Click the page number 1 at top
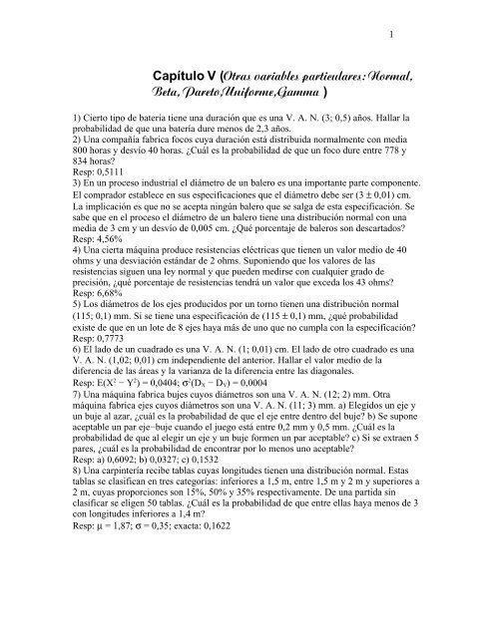[395, 39]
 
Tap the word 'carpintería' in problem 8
[125, 536]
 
